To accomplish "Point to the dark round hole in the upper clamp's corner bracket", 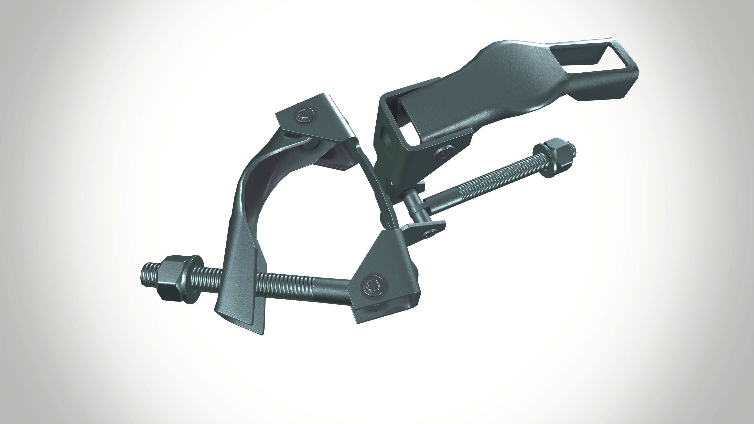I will point(387,138).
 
